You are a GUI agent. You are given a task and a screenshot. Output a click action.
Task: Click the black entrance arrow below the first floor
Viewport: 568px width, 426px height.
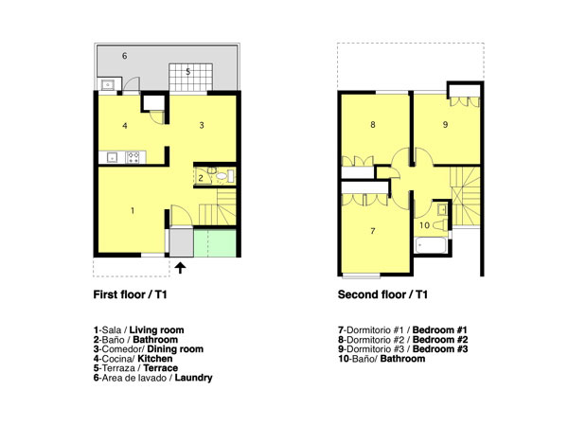(181, 268)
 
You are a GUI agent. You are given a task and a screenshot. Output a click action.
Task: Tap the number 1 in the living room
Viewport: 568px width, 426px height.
(133, 210)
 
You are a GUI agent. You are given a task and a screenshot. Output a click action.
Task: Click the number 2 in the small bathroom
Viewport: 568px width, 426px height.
(201, 178)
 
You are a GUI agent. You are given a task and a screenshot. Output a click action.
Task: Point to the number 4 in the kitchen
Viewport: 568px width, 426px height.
(188, 71)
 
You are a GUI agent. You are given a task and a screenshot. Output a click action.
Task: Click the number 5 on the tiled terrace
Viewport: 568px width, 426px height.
(125, 56)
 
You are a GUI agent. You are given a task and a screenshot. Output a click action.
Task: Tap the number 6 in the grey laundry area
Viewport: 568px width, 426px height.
(373, 231)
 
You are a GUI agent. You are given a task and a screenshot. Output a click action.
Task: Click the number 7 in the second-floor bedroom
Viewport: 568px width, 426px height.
(373, 125)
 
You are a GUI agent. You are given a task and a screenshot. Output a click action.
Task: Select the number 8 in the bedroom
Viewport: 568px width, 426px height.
(445, 125)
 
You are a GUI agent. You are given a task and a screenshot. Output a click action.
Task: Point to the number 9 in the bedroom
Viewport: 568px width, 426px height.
(424, 225)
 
